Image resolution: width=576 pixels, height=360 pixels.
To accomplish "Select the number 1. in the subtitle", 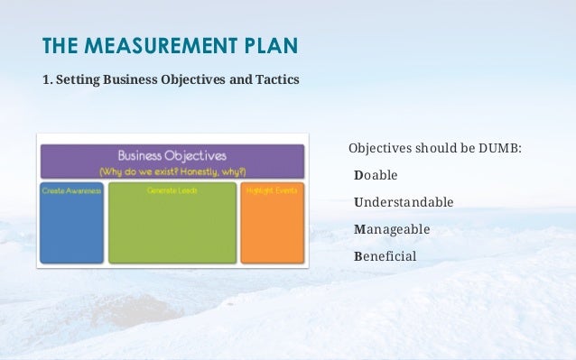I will [x=47, y=79].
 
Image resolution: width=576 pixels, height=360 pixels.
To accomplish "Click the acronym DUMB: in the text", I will [x=500, y=147].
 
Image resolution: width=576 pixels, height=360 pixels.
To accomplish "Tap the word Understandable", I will [x=404, y=201].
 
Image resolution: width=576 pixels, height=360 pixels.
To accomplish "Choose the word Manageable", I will [x=392, y=228].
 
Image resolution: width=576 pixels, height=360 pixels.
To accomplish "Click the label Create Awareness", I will [x=71, y=191].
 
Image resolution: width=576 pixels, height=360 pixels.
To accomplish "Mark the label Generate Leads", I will [x=172, y=191].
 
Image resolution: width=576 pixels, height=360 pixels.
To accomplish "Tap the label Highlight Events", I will [x=272, y=191].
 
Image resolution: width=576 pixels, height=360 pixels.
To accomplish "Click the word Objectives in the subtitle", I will [x=200, y=79].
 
